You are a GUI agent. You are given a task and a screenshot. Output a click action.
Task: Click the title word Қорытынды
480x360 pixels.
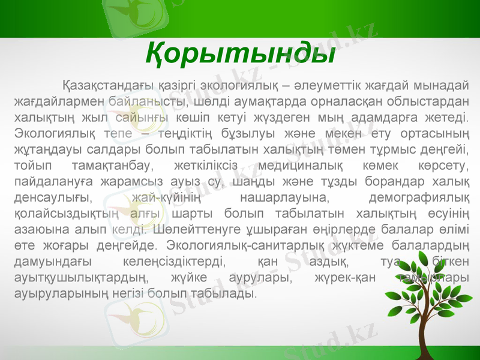point(239,55)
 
